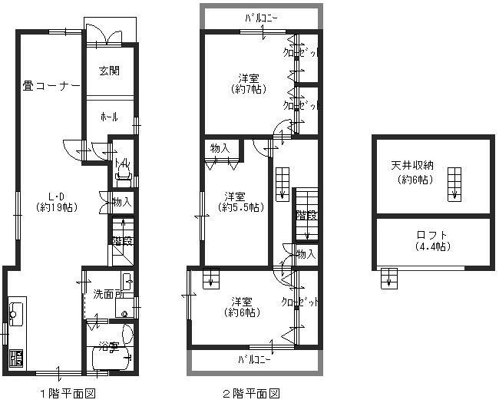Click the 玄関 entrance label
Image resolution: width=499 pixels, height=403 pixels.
[108, 71]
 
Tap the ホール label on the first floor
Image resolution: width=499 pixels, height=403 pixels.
[108, 117]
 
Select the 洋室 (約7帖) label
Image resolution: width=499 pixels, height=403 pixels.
[247, 84]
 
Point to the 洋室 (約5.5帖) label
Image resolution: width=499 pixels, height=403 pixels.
[240, 201]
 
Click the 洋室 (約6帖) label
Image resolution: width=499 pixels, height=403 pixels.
[242, 306]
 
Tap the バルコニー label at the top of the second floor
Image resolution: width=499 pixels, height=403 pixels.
[262, 17]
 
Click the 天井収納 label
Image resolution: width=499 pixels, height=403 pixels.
[413, 173]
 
